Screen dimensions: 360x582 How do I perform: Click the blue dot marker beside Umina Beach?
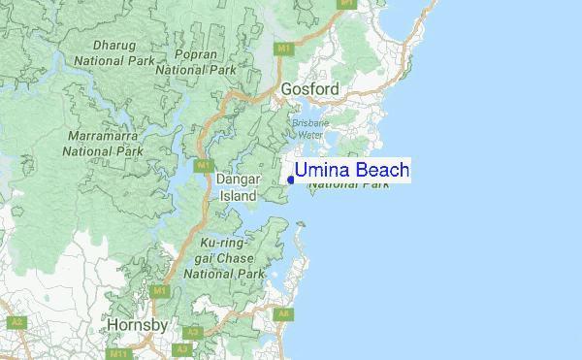point(291,179)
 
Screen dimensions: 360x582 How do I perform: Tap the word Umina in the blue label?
point(324,171)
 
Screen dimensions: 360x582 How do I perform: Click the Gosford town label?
point(310,89)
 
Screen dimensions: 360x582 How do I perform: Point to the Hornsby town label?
point(137,324)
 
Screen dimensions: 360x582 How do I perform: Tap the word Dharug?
point(115,45)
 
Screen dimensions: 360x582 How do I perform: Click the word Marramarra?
point(103,135)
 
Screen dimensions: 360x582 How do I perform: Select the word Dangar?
point(238,180)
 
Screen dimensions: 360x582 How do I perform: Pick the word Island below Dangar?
point(238,195)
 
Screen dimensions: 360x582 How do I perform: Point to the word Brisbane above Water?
point(310,123)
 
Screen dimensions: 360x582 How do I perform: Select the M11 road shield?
point(118,354)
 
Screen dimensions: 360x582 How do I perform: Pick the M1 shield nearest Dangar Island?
point(204,166)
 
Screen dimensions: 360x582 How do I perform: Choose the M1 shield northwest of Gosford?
point(284,49)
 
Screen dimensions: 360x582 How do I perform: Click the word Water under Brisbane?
point(310,135)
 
